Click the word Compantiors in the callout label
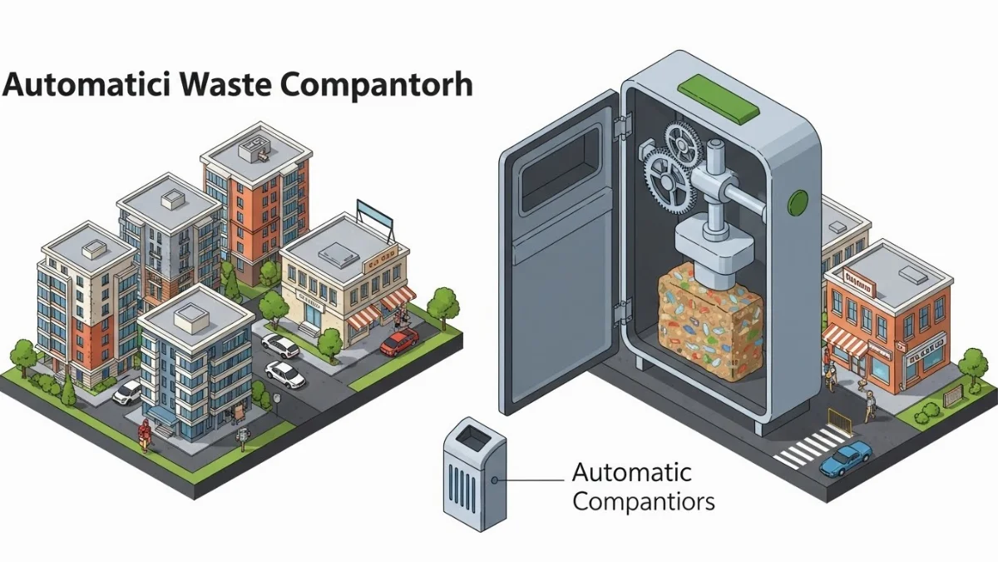644,502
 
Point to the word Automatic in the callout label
632,473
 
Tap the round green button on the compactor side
798,201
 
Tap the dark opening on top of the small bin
471,434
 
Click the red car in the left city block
399,341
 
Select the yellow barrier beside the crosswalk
841,420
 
